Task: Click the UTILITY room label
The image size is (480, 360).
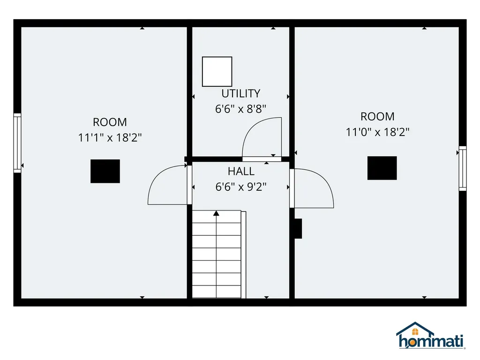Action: point(241,93)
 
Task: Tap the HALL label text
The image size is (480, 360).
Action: point(241,171)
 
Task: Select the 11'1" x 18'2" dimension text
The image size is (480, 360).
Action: point(110,137)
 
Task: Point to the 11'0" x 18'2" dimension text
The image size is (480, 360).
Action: point(377,132)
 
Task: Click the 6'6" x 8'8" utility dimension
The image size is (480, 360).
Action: point(240,109)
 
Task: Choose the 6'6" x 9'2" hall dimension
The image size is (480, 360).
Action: point(241,187)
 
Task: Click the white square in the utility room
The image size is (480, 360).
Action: point(217,72)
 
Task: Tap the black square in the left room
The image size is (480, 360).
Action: point(105,171)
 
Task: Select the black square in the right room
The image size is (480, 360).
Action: point(382,168)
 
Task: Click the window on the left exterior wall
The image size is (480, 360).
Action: point(17,143)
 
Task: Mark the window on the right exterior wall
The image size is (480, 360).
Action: point(463,168)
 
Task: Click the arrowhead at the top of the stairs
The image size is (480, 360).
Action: point(216,213)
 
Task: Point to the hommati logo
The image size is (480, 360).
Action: point(431,336)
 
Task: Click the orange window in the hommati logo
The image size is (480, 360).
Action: point(415,331)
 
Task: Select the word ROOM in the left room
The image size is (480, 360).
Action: point(110,122)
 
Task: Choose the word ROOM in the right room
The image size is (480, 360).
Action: point(377,117)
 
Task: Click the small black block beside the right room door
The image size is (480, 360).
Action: point(298,228)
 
